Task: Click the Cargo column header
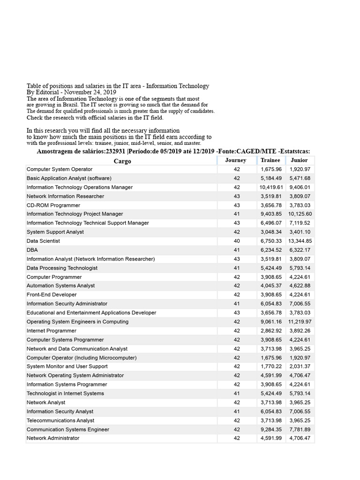point(122,161)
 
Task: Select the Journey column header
point(236,160)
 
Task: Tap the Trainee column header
point(270,160)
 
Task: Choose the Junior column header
point(299,160)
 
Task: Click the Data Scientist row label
point(43,241)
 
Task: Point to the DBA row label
point(32,250)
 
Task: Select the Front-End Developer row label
point(52,295)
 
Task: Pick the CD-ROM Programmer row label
point(53,205)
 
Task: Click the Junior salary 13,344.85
point(300,241)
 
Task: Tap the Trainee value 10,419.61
point(271,187)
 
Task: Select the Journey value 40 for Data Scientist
point(236,241)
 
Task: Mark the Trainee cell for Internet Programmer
point(271,331)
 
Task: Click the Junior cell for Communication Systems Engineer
point(300,429)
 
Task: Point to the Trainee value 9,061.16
point(271,322)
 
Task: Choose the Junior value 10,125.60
point(300,214)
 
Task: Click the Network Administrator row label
point(53,438)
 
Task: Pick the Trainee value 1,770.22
point(271,367)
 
